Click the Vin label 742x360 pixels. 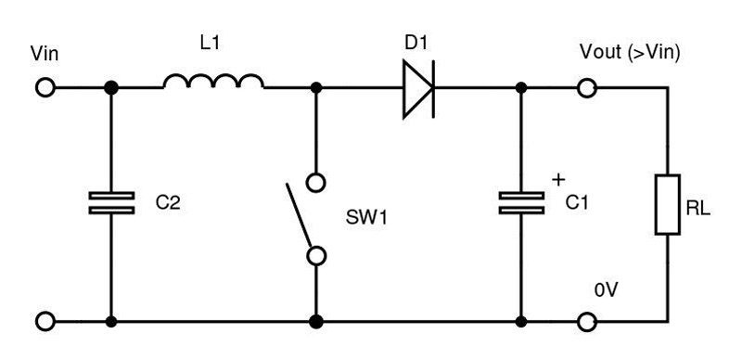tap(45, 54)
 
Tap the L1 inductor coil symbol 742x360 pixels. tap(213, 83)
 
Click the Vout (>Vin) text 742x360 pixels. tap(631, 54)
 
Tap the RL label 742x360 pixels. tap(699, 211)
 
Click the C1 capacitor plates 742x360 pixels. tap(520, 203)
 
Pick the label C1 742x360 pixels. tap(577, 202)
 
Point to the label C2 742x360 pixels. tap(167, 202)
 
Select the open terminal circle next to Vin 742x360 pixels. tap(45, 88)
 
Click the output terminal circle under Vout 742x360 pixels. tap(586, 88)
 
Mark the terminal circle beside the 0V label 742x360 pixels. tap(586, 323)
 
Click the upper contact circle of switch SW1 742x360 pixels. tap(316, 182)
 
